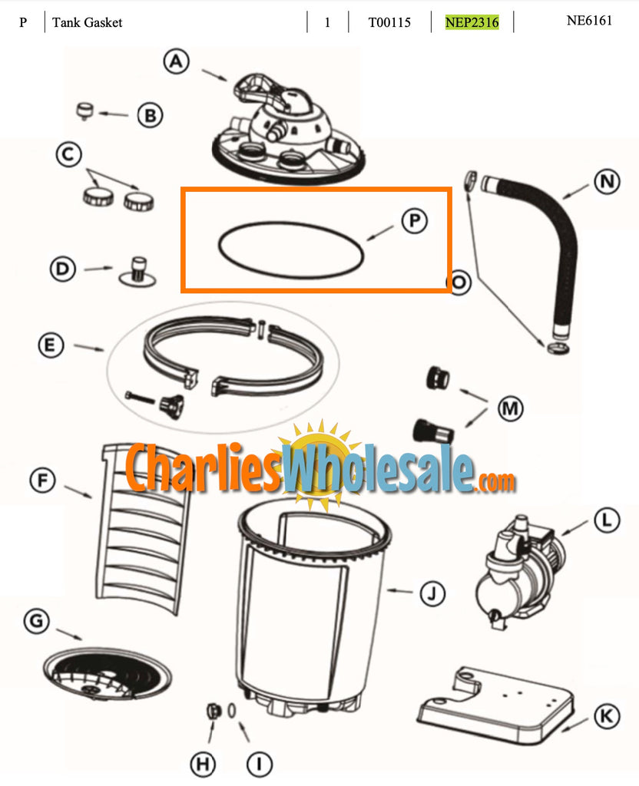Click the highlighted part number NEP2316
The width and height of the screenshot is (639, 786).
472,22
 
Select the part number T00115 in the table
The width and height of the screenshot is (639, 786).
389,22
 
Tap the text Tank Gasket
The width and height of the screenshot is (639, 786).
88,22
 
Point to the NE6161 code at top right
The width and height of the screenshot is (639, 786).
589,21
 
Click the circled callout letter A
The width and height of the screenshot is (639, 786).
177,62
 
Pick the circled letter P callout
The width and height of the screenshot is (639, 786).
413,220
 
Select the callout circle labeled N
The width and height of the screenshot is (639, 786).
607,182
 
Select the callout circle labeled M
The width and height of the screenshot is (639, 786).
509,408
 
